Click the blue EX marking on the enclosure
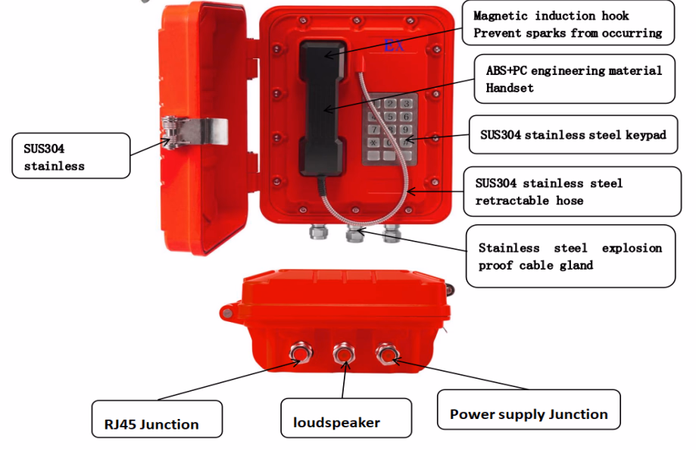(394, 45)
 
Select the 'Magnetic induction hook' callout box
(566, 24)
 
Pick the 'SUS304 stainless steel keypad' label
(573, 135)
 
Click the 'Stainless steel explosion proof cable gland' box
(570, 256)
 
